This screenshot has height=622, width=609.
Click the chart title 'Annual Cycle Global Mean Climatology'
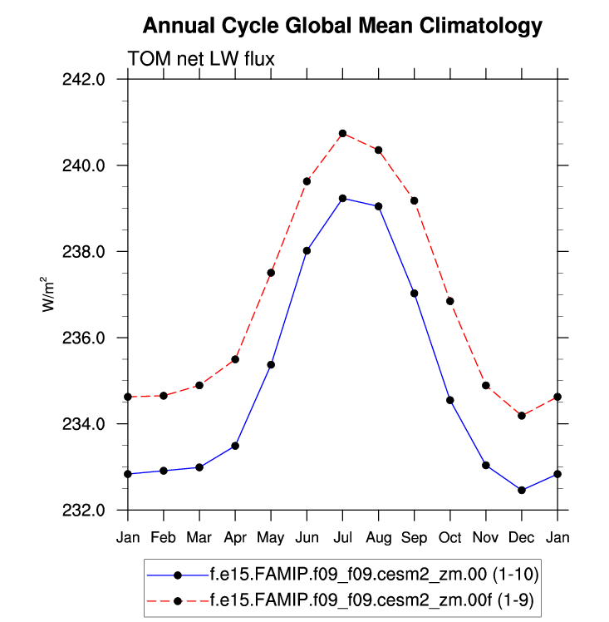coord(342,27)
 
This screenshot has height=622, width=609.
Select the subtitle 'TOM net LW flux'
coord(200,58)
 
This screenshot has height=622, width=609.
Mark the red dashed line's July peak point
coord(342,133)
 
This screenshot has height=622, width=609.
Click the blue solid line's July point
coord(342,198)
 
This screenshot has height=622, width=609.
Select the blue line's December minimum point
coord(521,490)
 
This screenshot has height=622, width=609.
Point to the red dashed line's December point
coord(521,415)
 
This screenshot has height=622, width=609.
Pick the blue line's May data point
coord(271,364)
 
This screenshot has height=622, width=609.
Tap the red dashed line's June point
coord(307,180)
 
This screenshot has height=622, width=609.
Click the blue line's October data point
coord(449,400)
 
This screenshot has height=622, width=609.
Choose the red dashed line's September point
coord(414,200)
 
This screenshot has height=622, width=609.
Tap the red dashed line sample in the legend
coord(177,597)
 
